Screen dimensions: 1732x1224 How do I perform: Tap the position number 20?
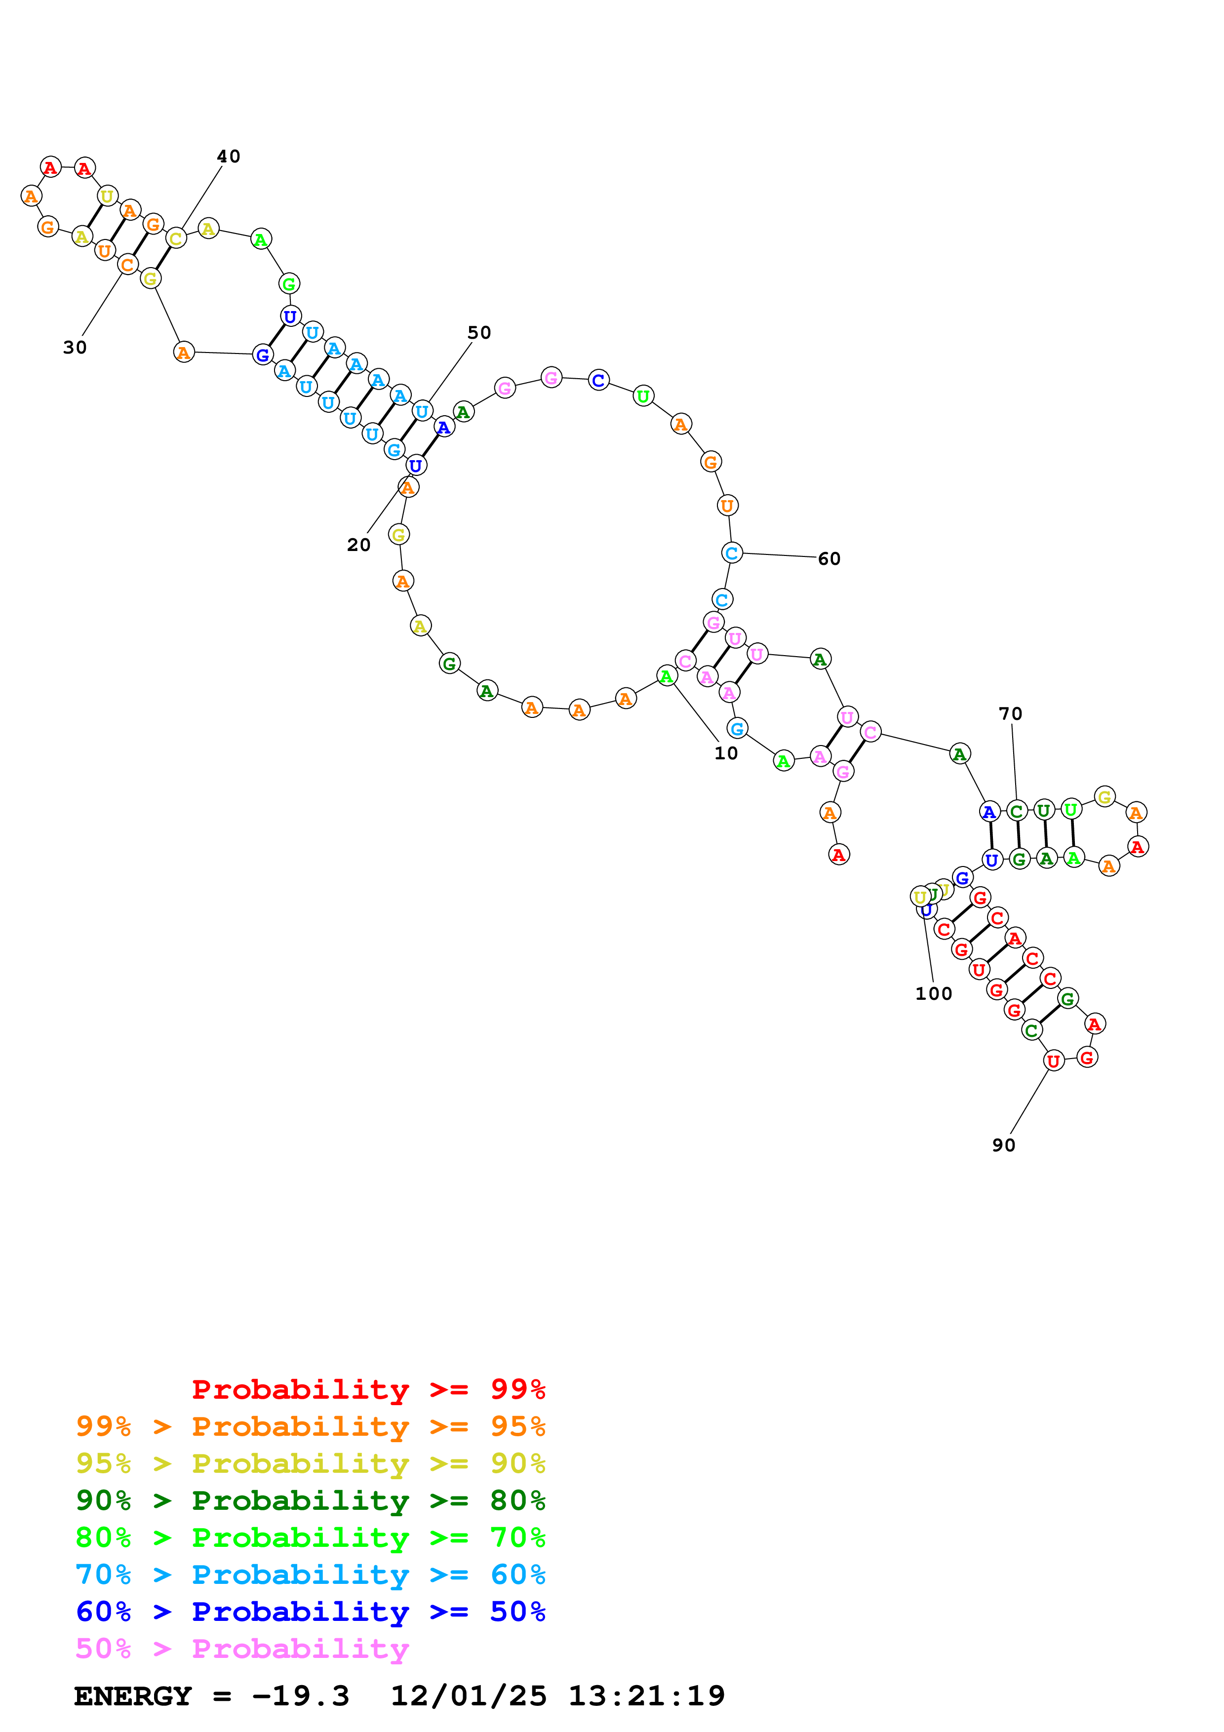click(x=358, y=545)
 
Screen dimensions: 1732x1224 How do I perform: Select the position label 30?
click(x=75, y=348)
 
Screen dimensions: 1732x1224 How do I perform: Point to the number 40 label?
click(x=229, y=156)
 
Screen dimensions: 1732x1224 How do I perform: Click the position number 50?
click(x=479, y=333)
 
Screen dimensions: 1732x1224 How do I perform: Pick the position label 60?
click(x=829, y=559)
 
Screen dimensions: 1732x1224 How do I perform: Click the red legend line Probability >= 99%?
click(x=368, y=1389)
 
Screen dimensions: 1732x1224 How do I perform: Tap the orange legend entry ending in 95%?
click(x=310, y=1426)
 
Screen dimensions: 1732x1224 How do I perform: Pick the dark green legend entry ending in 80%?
click(x=310, y=1500)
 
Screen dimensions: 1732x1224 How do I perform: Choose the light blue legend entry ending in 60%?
click(x=310, y=1575)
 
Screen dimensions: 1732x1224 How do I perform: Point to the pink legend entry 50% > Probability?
click(x=241, y=1648)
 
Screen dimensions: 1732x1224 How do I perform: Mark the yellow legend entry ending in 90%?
click(x=310, y=1463)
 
